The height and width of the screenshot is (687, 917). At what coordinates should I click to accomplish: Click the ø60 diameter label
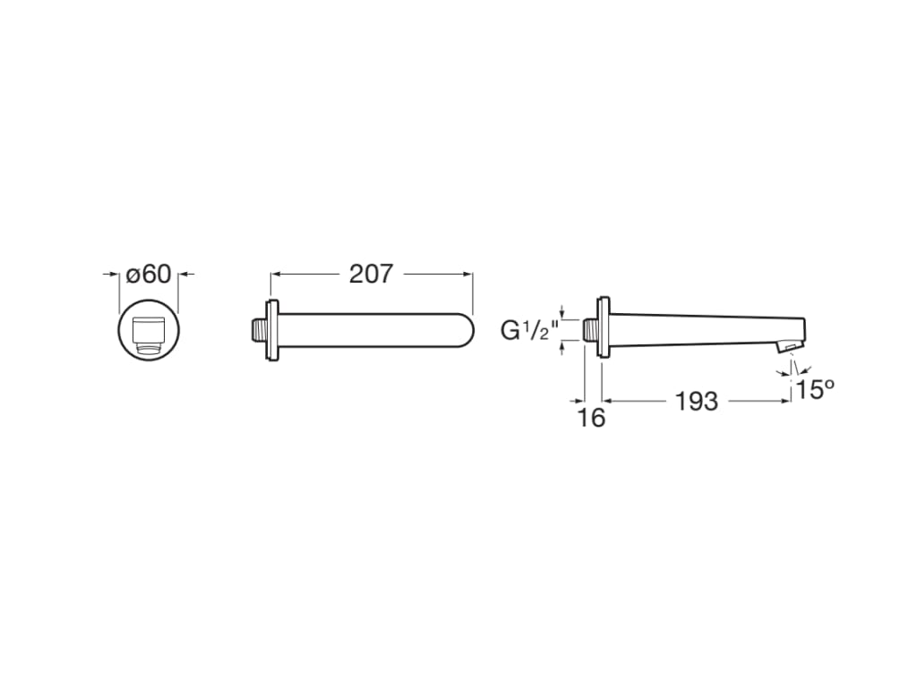149,274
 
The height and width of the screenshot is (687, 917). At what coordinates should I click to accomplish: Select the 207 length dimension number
371,274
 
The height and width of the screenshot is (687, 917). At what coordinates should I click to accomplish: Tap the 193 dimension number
696,402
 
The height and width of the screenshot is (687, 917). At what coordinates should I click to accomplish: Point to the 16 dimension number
592,417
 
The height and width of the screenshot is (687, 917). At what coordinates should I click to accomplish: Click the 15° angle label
815,390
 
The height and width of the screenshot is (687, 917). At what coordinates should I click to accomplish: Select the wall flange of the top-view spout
272,329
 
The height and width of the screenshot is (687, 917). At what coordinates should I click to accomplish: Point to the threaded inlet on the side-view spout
591,329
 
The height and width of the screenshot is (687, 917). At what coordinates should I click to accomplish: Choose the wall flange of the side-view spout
605,328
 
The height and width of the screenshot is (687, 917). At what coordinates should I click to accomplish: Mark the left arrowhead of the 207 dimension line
276,275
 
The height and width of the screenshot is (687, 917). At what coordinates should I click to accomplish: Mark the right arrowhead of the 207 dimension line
467,275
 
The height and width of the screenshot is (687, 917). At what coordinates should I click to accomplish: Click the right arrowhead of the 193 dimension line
784,402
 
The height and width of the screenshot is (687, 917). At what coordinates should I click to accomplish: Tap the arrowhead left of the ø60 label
115,275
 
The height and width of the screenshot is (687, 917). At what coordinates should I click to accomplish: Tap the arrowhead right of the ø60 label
184,275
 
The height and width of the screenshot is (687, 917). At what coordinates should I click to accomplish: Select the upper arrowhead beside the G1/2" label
562,313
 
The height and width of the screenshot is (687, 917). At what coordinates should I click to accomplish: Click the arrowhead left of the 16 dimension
579,402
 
